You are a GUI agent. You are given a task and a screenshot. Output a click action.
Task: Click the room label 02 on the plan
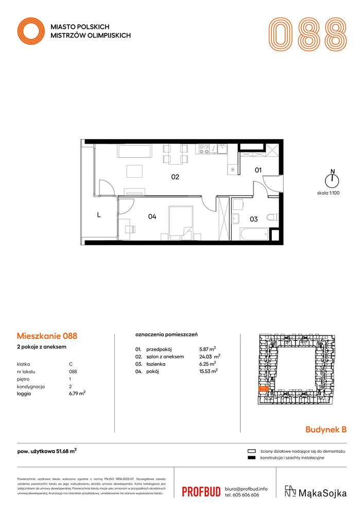pyautogui.click(x=175, y=177)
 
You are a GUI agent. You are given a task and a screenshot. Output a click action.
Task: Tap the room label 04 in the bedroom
pyautogui.click(x=152, y=217)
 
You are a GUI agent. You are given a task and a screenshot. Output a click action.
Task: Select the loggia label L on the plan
pyautogui.click(x=99, y=216)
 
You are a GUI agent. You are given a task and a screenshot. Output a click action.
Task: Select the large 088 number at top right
pyautogui.click(x=307, y=35)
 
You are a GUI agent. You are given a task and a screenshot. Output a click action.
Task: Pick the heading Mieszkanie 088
pyautogui.click(x=47, y=336)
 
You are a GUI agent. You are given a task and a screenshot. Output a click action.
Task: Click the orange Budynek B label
pyautogui.click(x=326, y=428)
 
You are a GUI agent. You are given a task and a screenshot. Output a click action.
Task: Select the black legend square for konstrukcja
pyautogui.click(x=252, y=458)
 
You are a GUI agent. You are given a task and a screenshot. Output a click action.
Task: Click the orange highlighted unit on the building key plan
pyautogui.click(x=263, y=390)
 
